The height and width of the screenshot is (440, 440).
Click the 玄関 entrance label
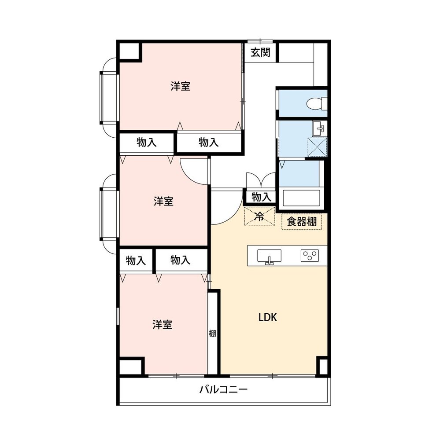(260, 52)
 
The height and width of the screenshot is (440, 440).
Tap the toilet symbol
(317, 103)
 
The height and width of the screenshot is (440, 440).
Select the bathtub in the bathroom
(301, 198)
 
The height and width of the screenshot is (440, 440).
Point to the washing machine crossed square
(318, 147)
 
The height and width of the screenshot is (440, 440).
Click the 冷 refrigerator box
(259, 216)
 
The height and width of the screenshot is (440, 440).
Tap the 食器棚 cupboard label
(302, 222)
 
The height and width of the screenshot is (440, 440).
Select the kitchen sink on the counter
(269, 257)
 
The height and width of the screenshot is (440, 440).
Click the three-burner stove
(310, 255)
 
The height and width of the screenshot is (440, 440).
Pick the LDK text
(268, 317)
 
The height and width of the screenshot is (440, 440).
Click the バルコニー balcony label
(224, 389)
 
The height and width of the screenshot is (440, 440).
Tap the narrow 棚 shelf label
(212, 334)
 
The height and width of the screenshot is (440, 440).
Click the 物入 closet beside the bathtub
(261, 197)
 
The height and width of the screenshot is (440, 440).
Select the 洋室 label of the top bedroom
(181, 86)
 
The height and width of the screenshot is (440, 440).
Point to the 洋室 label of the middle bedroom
(163, 202)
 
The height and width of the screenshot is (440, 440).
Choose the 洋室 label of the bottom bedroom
(163, 325)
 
